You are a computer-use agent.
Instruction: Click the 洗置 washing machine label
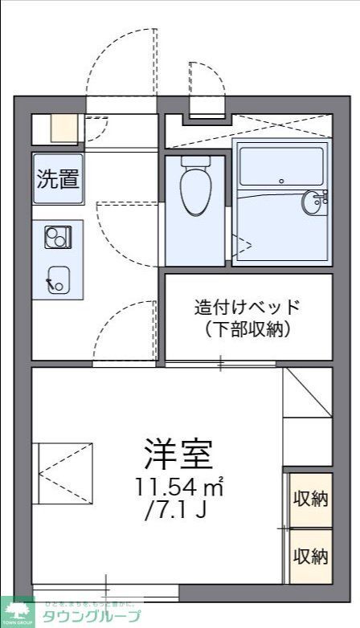coord(58,179)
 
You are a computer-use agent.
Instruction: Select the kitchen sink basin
coord(58,279)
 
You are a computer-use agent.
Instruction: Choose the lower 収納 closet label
coord(309,555)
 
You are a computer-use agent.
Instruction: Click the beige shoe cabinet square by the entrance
coord(63,128)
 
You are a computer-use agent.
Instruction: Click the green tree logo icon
coord(16,610)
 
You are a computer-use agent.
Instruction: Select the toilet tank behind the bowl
coord(194,161)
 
